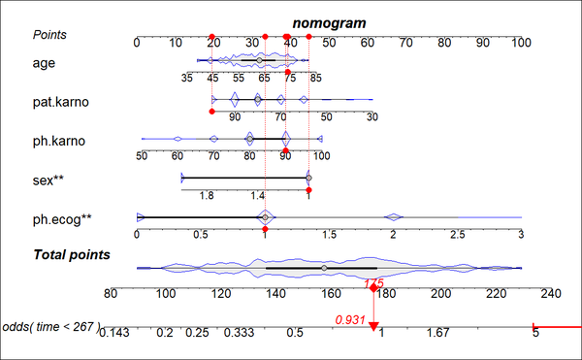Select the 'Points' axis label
tap(50, 34)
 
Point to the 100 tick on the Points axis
tap(522, 43)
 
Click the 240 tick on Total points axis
tap(551, 293)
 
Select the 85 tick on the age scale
tap(316, 78)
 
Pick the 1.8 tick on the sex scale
tap(207, 195)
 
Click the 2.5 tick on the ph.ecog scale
tap(456, 234)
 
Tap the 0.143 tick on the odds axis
tap(113, 333)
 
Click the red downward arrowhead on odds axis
tap(373, 326)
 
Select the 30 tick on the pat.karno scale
tap(372, 116)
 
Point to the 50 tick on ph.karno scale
tap(142, 155)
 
